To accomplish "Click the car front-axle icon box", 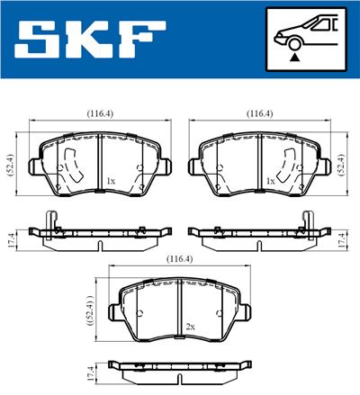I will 305,40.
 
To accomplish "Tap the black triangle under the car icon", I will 295,57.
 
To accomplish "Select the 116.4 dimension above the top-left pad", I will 99,114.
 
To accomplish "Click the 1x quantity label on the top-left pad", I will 111,181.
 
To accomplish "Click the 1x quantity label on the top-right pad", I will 270,181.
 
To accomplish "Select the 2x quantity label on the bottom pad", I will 190,326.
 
